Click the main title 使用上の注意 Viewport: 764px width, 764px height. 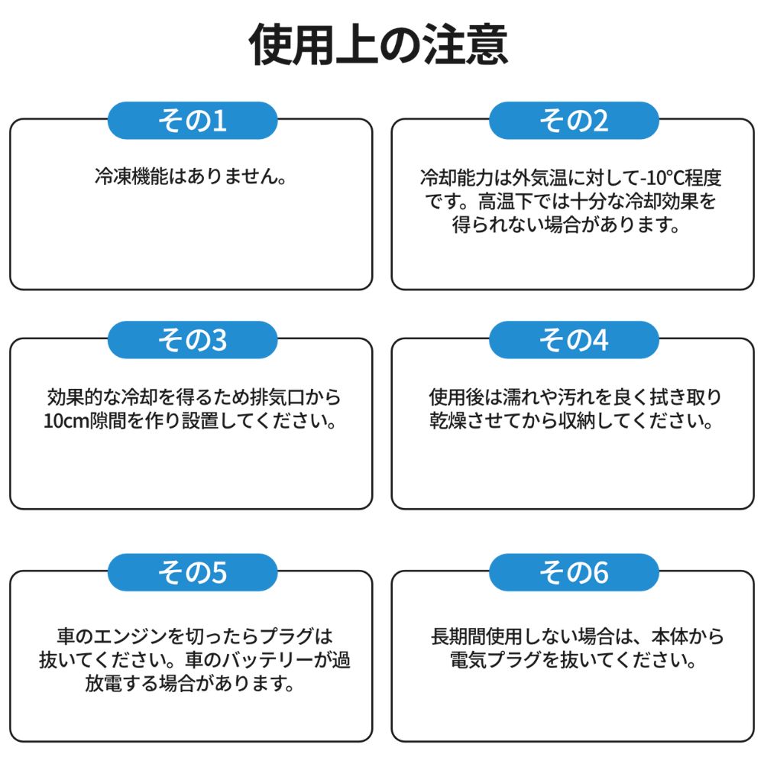click(x=379, y=45)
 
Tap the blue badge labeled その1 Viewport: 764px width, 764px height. click(x=193, y=121)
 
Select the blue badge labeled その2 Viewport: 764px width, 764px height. click(x=574, y=121)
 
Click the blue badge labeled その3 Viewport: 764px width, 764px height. click(x=193, y=340)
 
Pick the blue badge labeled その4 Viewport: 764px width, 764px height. click(x=574, y=340)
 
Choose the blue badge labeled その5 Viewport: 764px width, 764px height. click(x=193, y=572)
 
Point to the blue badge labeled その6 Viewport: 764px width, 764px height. click(x=574, y=572)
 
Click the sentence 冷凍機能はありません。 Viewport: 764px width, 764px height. click(x=191, y=176)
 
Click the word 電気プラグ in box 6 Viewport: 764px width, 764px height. click(x=496, y=660)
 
